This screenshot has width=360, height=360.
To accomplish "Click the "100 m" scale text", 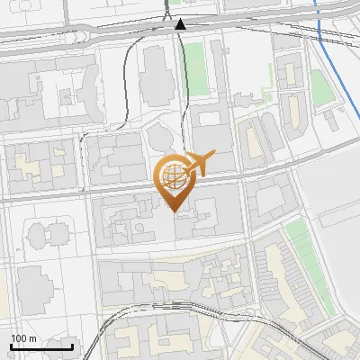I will pyautogui.click(x=23, y=338).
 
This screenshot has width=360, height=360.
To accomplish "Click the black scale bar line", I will pyautogui.click(x=41, y=346).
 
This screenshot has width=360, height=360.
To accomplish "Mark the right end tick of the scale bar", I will pyautogui.click(x=72, y=345).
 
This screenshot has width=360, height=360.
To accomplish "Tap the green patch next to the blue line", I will pyautogui.click(x=321, y=87).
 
